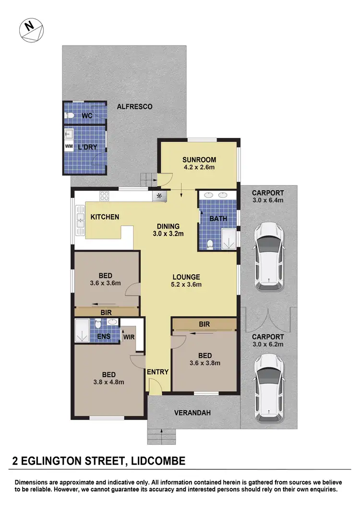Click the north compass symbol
click(31, 30)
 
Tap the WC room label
click(87, 116)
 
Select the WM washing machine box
click(69, 146)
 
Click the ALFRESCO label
click(135, 107)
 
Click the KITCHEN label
click(105, 217)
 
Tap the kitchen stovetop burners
click(104, 195)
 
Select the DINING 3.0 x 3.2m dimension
click(168, 234)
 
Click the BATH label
click(218, 219)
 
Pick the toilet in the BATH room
click(209, 245)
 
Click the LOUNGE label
click(186, 277)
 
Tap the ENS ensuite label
click(104, 336)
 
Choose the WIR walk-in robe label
click(129, 337)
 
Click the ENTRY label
click(158, 372)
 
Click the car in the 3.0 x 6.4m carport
click(269, 256)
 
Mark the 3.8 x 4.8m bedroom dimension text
click(108, 382)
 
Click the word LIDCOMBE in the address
click(152, 462)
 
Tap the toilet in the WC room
click(71, 115)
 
